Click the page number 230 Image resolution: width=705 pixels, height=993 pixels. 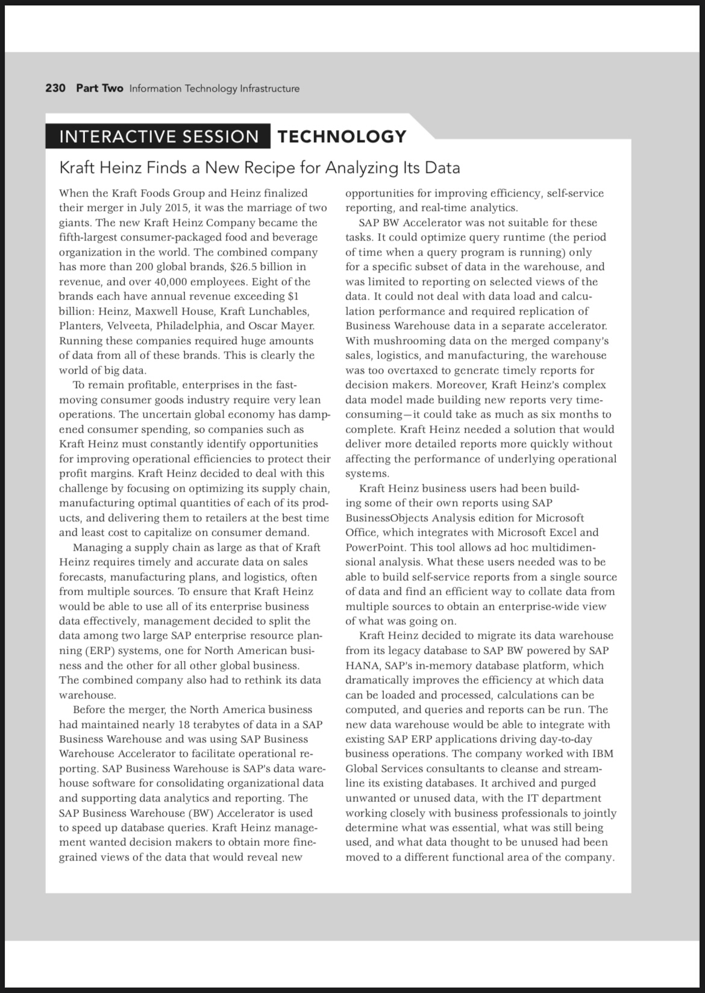pos(55,89)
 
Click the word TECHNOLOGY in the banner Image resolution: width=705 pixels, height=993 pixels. pos(342,137)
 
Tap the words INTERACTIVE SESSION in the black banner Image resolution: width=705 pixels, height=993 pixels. pos(159,137)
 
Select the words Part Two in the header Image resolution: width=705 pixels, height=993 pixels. pos(99,89)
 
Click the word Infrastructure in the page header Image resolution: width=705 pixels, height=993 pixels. pos(269,89)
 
